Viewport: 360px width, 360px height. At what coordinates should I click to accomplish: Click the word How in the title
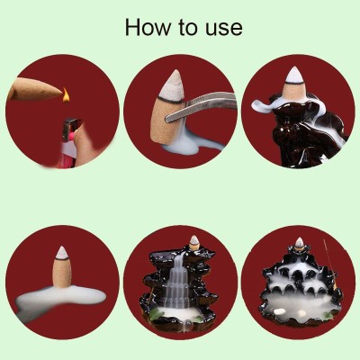(x=147, y=27)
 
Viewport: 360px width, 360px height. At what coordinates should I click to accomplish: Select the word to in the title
(x=187, y=28)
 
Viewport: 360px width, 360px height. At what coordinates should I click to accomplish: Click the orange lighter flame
(x=66, y=94)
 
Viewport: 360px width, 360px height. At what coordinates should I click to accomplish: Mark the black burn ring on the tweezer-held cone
(x=170, y=100)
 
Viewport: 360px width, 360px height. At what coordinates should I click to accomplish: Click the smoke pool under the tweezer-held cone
(x=184, y=147)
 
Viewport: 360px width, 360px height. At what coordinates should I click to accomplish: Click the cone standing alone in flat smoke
(x=62, y=266)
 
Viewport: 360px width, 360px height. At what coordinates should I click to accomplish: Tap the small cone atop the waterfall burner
(x=194, y=243)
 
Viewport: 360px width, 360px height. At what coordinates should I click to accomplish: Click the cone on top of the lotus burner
(x=299, y=244)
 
